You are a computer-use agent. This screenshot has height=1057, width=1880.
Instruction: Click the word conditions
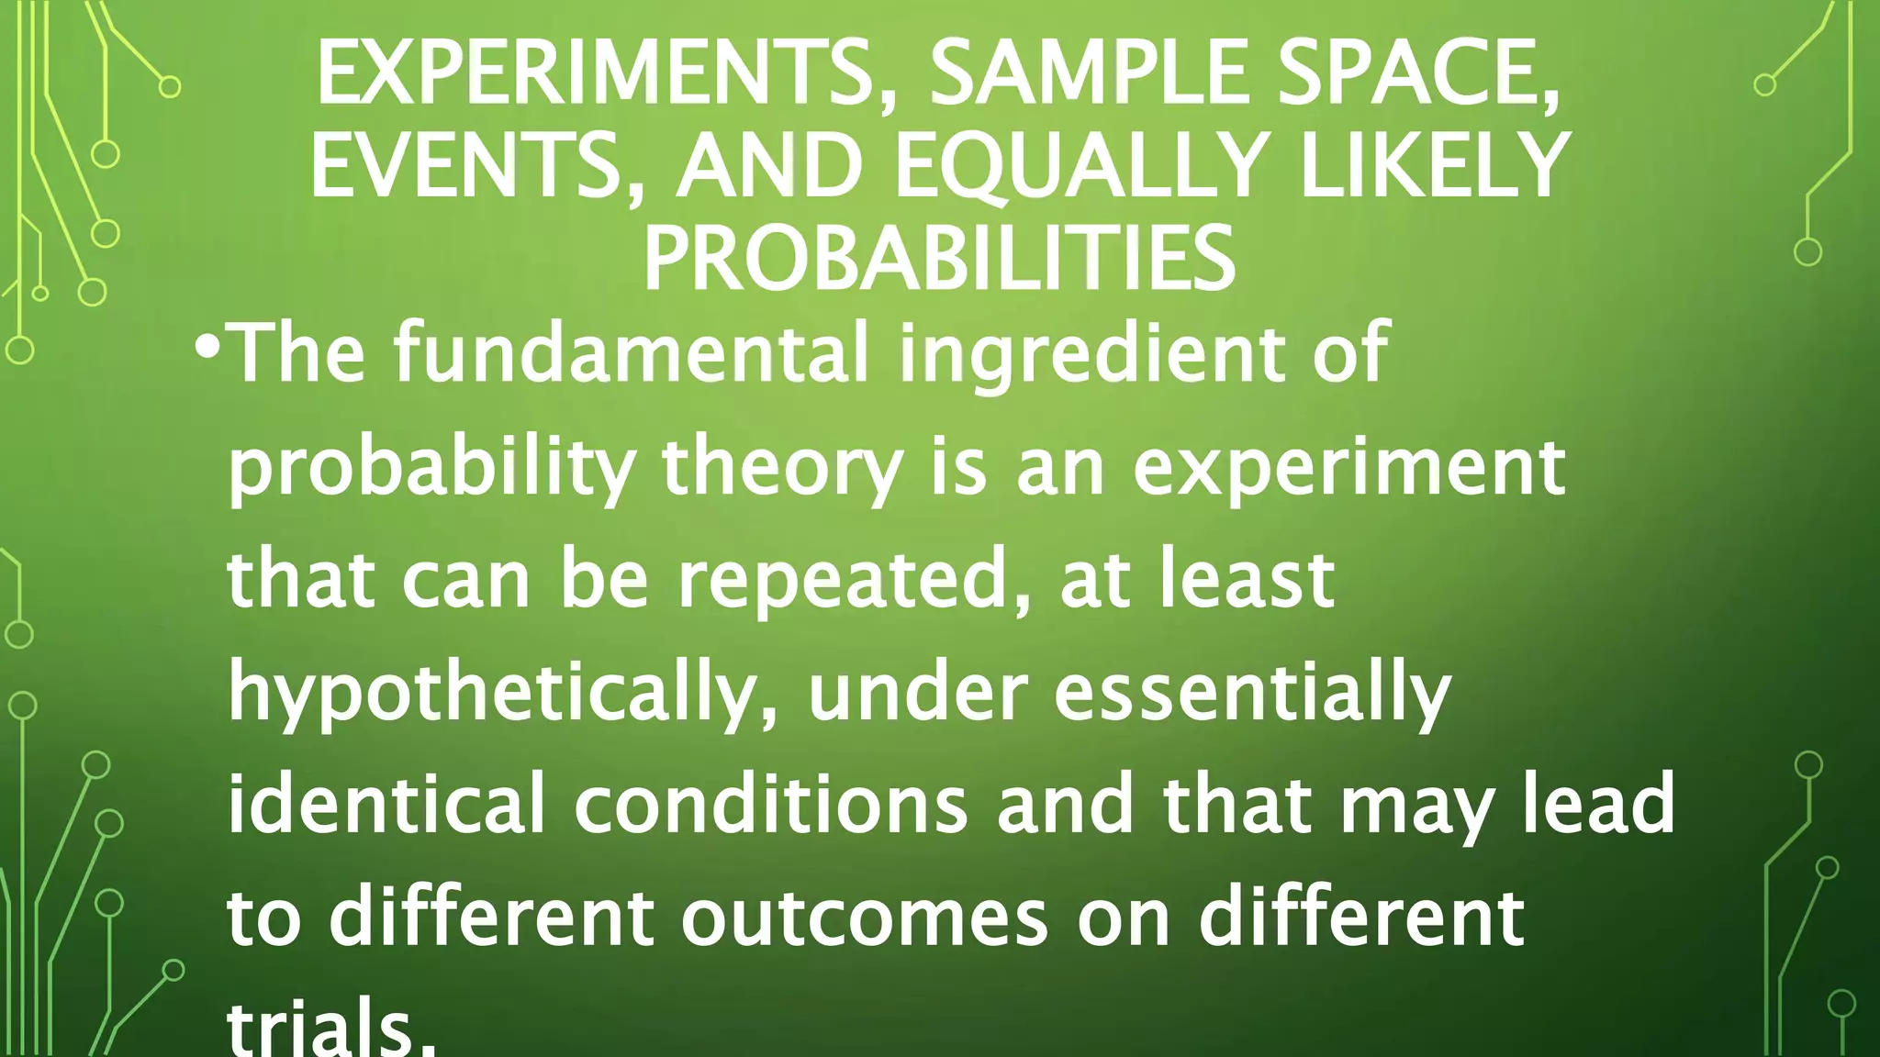[770, 804]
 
